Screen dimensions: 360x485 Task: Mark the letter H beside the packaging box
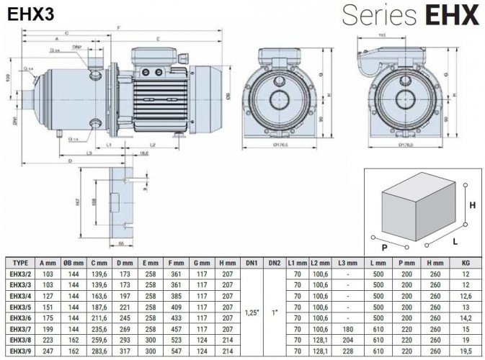click(472, 204)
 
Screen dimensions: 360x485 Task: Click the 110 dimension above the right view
click(384, 35)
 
